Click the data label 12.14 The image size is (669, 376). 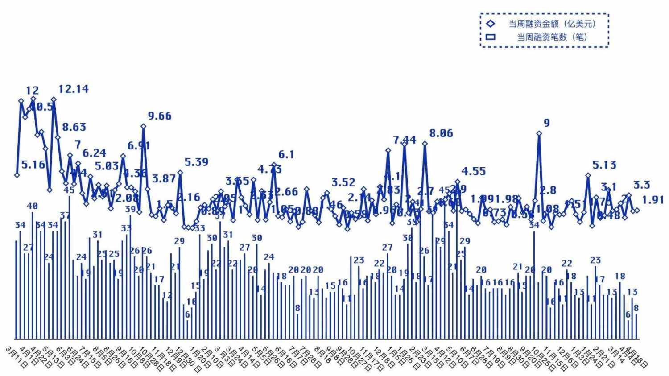[x=74, y=89]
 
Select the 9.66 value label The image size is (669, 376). [x=160, y=116]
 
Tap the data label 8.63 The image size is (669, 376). [x=74, y=127]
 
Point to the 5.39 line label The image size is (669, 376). [x=196, y=162]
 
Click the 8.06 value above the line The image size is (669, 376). [x=441, y=133]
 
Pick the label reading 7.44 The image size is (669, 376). [x=405, y=140]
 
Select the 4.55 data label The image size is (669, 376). [x=474, y=171]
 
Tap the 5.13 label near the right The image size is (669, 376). [x=604, y=165]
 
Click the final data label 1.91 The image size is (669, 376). [x=653, y=200]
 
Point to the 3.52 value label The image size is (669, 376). [x=343, y=182]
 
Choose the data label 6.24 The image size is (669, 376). [x=95, y=153]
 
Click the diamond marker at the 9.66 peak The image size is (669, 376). [x=144, y=126]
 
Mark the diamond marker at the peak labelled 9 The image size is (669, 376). [x=539, y=133]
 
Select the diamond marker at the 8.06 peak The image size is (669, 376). [x=425, y=144]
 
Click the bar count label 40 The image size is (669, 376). [x=32, y=206]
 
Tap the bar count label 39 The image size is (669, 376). [x=130, y=209]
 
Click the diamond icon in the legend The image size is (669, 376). [x=491, y=24]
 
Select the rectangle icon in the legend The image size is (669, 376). [x=491, y=37]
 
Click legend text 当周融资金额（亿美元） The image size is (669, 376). [x=553, y=24]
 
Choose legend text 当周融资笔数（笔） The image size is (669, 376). [x=553, y=37]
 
